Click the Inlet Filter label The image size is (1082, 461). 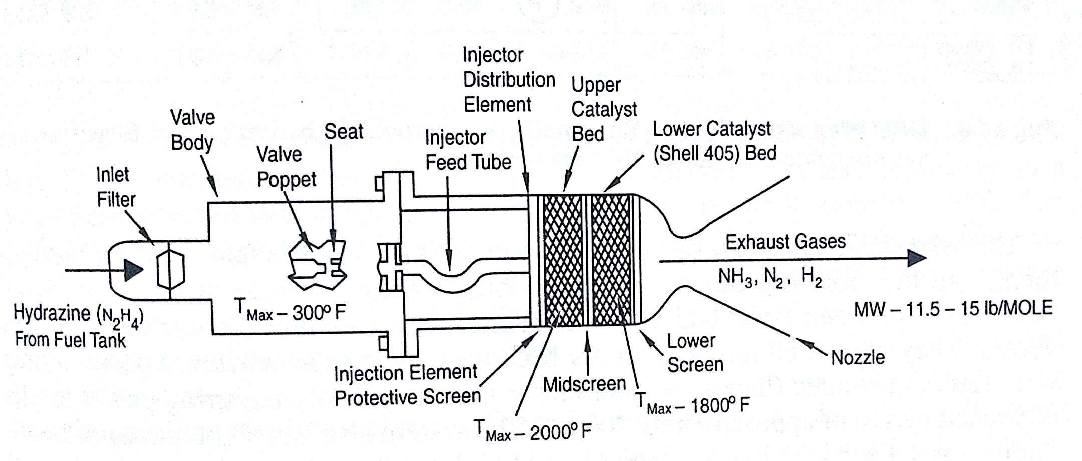pos(115,187)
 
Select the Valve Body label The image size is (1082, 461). pos(192,130)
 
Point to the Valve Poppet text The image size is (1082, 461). pos(287,167)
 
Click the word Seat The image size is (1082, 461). pos(344,132)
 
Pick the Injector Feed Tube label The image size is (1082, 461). pos(468,150)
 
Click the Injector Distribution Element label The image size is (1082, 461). pos(508,80)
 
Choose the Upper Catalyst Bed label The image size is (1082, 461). pos(604,109)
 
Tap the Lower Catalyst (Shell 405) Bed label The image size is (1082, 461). pos(714,141)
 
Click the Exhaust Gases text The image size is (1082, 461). pos(785,242)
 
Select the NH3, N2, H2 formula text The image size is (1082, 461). pos(770,277)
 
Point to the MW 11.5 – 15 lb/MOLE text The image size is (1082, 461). pos(953,308)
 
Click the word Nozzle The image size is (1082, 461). pos(858,358)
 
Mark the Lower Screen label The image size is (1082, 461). pos(695,353)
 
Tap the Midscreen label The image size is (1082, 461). pos(584,385)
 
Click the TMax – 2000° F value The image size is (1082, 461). pos(532,431)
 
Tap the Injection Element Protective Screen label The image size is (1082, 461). pos(407,385)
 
